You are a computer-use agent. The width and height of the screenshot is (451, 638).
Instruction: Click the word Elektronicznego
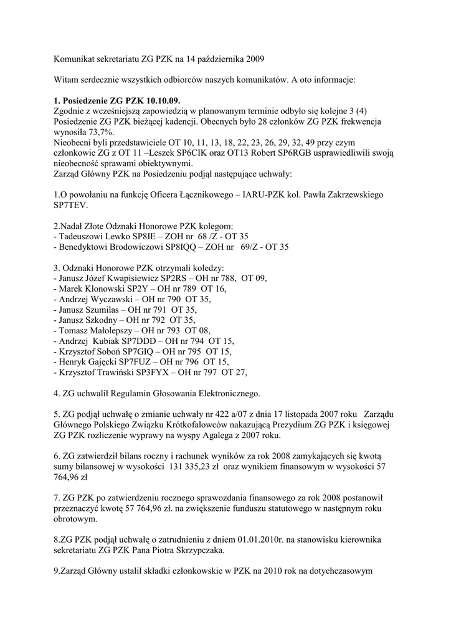pyautogui.click(x=225, y=394)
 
